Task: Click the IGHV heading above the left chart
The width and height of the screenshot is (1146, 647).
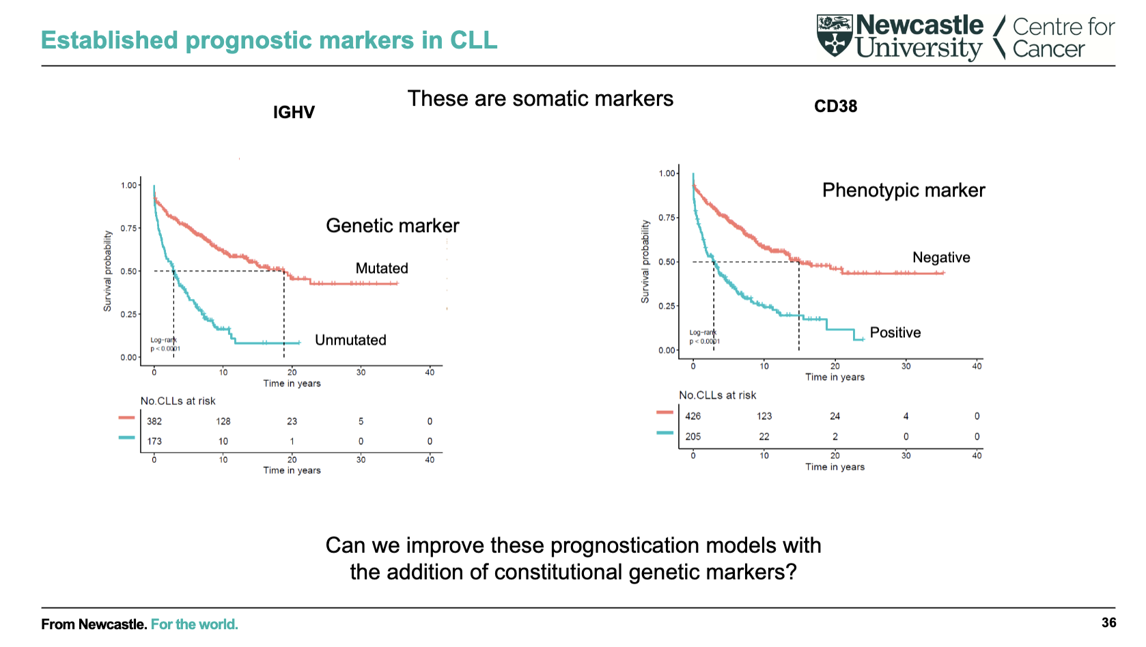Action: point(294,113)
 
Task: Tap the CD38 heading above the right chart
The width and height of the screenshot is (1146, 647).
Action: point(835,106)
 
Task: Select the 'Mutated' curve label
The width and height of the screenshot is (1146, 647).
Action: point(382,269)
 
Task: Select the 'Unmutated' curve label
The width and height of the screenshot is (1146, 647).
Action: point(350,341)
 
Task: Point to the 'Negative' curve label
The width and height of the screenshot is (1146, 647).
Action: point(941,258)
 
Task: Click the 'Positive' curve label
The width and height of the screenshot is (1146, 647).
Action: point(895,333)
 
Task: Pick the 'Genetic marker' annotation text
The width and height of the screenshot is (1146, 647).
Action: point(392,226)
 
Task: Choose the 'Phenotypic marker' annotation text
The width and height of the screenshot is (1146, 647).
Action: point(903,190)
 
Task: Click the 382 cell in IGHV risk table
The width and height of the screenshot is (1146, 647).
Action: point(154,422)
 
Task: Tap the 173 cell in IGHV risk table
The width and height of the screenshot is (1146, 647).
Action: point(154,442)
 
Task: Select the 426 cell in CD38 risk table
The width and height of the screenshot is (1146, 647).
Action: point(693,416)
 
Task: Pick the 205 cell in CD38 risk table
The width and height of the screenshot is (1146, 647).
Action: point(693,437)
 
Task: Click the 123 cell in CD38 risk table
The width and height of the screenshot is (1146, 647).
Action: point(764,416)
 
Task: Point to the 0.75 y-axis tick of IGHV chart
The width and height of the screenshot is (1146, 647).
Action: point(128,229)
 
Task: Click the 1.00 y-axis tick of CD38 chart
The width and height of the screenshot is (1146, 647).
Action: point(667,174)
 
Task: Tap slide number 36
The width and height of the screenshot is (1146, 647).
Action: point(1108,622)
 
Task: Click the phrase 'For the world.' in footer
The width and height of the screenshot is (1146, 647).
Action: point(195,624)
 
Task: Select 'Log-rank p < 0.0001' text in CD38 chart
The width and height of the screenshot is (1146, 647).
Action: point(704,337)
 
